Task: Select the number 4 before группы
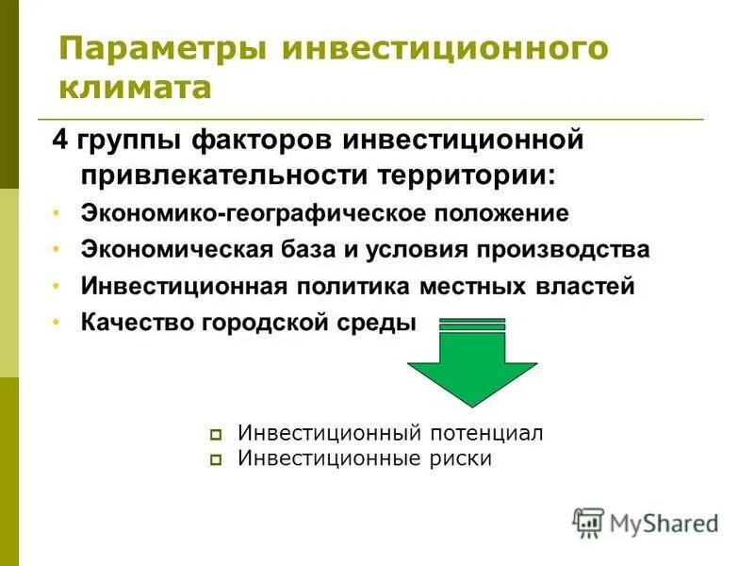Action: pyautogui.click(x=58, y=142)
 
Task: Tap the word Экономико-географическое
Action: pyautogui.click(x=255, y=213)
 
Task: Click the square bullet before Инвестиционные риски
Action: pyautogui.click(x=217, y=460)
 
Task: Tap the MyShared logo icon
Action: pyautogui.click(x=588, y=522)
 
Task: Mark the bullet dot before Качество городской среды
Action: pyautogui.click(x=57, y=323)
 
